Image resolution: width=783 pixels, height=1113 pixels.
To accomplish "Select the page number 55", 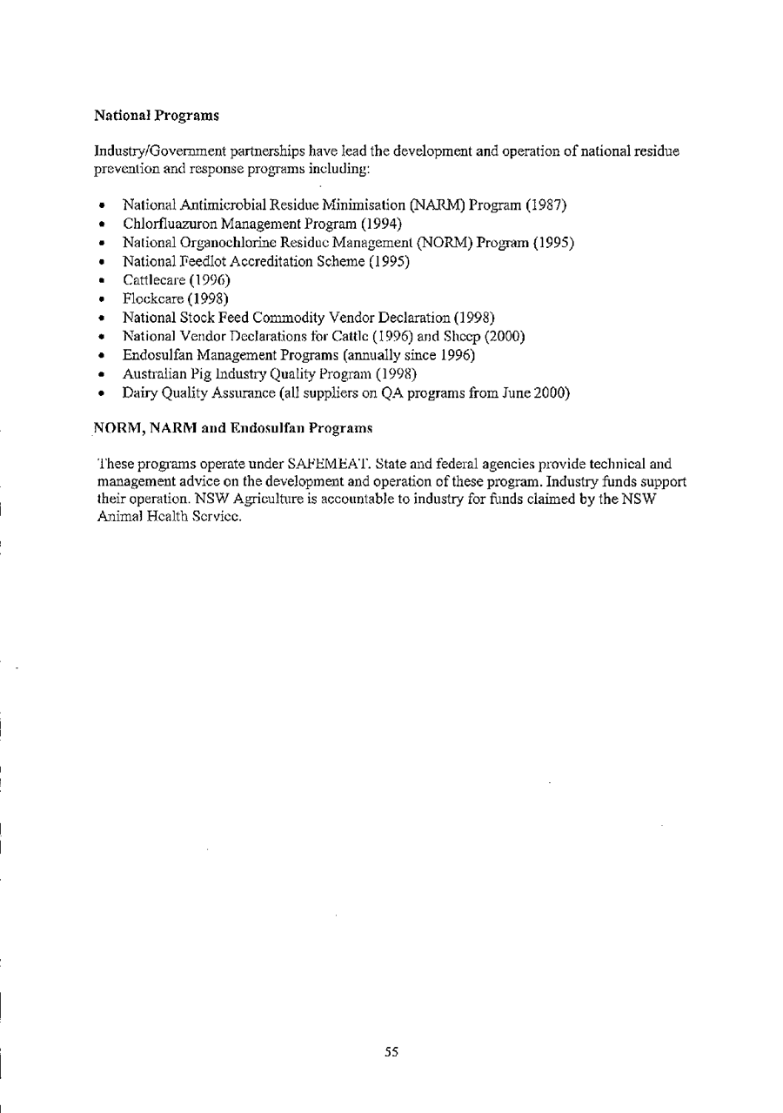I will tap(391, 1052).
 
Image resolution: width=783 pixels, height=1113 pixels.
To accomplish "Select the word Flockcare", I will tap(149, 298).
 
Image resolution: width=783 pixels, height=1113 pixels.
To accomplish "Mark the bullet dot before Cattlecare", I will tap(104, 280).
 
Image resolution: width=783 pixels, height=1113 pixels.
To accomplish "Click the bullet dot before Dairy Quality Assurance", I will tap(104, 393).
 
